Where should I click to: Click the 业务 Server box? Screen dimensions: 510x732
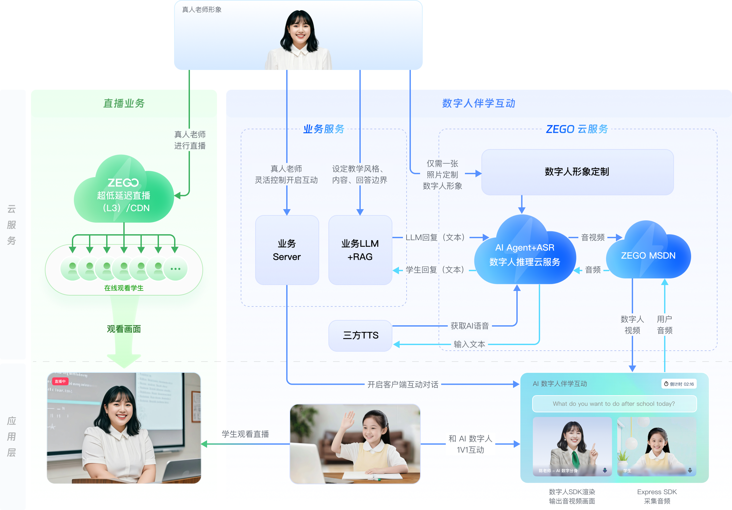tap(287, 250)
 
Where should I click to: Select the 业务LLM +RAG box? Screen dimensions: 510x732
tap(360, 250)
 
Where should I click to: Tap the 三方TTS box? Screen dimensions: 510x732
tap(360, 335)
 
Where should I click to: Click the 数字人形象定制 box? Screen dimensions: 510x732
tap(577, 172)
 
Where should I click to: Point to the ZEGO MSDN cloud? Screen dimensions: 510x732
tap(648, 255)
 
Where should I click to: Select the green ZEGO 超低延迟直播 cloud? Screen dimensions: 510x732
tap(124, 195)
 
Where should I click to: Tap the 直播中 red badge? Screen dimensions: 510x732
tap(60, 381)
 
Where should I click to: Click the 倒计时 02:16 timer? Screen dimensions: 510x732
tap(679, 384)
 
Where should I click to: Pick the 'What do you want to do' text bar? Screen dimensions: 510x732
tap(614, 404)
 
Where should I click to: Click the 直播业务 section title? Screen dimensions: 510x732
tap(124, 103)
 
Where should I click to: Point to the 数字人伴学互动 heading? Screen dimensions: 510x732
tap(479, 103)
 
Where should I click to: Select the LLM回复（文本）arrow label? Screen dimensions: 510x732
tap(435, 237)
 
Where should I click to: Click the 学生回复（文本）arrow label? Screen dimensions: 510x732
tap(435, 270)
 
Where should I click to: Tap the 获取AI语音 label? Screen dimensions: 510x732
tap(470, 326)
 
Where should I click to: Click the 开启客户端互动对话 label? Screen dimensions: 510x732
tap(403, 384)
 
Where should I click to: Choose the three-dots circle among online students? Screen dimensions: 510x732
tap(175, 269)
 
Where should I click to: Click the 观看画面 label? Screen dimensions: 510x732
tap(124, 329)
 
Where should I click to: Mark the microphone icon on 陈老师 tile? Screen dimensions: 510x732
tap(605, 470)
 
